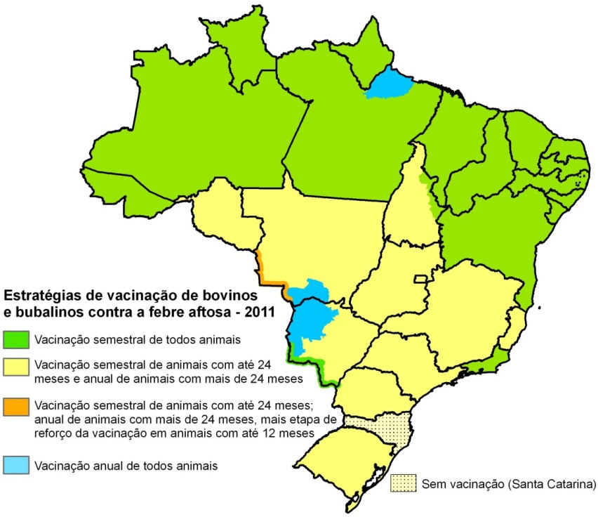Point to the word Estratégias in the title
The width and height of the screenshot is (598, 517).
click(39, 294)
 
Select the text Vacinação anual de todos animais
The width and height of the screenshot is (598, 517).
click(126, 464)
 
